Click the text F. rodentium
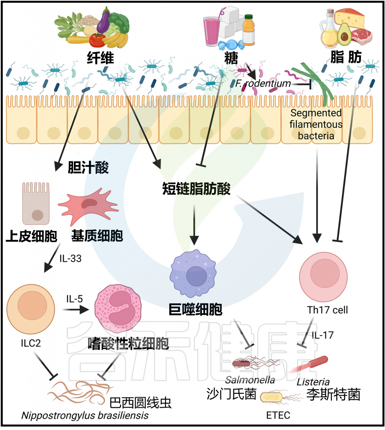pyautogui.click(x=263, y=84)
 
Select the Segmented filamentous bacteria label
pyautogui.click(x=315, y=124)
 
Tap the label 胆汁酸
pyautogui.click(x=88, y=168)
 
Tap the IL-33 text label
pyautogui.click(x=70, y=259)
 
